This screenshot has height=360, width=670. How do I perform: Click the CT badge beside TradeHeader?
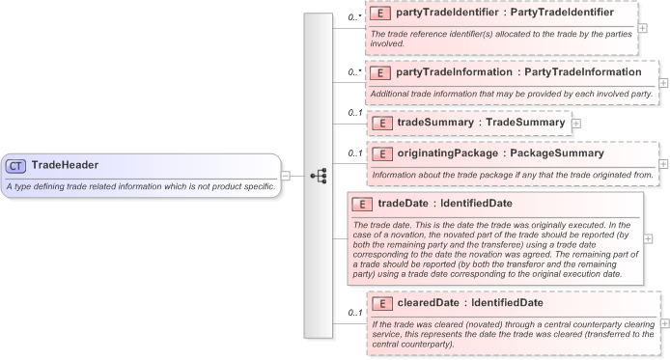[16, 165]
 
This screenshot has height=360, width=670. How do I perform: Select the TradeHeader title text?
[65, 165]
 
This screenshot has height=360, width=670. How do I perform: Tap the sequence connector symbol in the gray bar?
[318, 176]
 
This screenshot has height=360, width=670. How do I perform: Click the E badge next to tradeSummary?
[380, 123]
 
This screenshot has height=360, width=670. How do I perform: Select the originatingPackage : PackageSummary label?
[500, 153]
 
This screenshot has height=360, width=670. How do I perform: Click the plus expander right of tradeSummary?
[576, 124]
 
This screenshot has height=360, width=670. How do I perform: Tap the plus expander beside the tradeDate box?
[648, 238]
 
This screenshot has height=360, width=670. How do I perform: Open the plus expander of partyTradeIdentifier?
[642, 28]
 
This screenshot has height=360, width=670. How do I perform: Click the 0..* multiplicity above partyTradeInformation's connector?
[354, 72]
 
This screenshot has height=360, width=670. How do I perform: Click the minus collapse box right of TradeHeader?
[286, 176]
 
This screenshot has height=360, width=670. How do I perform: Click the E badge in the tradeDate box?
[361, 204]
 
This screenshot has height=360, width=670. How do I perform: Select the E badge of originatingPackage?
[380, 153]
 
